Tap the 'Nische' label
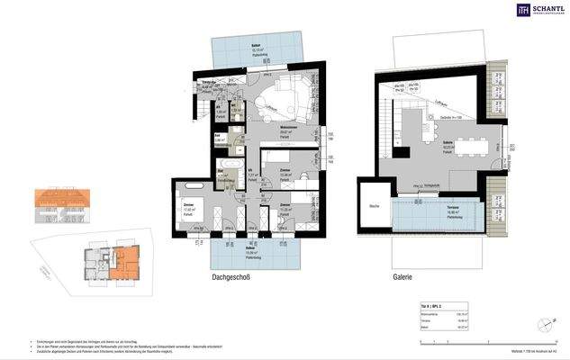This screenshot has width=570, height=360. (373, 207)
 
